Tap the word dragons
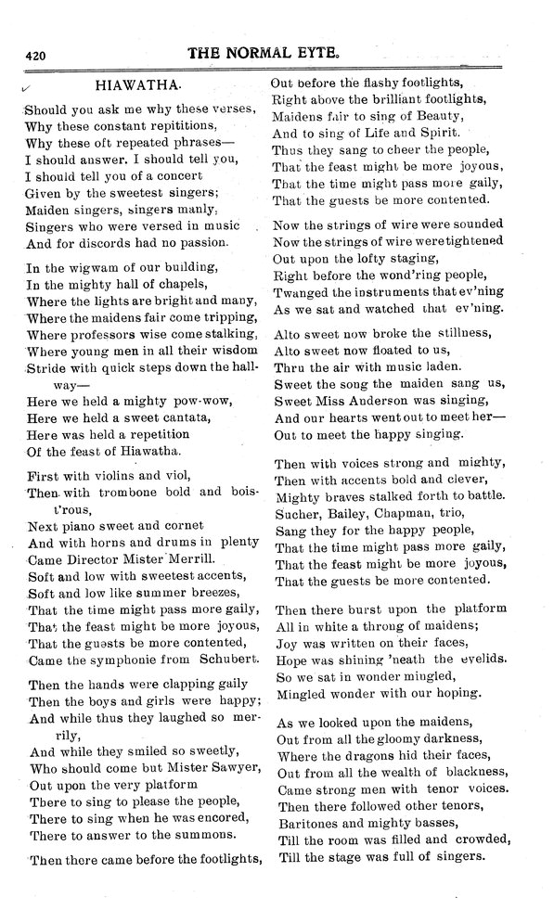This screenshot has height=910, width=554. pyautogui.click(x=348, y=755)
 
